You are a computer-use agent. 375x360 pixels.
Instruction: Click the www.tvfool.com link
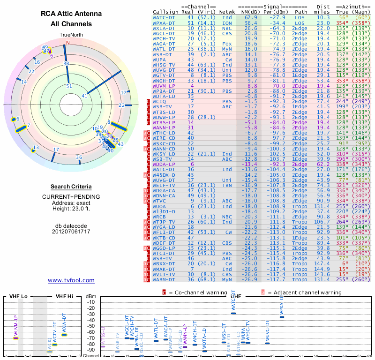tap(71, 280)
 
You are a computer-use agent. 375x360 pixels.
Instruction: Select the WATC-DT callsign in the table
tap(164, 17)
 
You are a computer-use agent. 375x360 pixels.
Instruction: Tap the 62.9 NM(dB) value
tap(250, 17)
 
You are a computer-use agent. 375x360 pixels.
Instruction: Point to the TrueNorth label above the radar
tap(71, 35)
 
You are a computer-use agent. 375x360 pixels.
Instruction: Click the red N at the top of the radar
tap(67, 43)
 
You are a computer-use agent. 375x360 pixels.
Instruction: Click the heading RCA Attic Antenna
tap(71, 14)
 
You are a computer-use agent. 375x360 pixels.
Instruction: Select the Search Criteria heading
tap(71, 187)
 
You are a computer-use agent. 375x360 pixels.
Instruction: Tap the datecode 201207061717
tap(71, 232)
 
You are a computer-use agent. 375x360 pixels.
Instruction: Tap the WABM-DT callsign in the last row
tap(164, 280)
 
